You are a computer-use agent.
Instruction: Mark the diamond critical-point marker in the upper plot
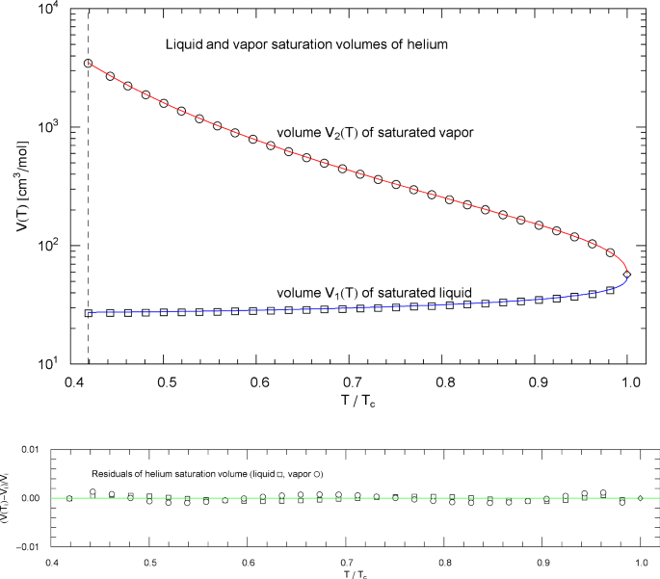627,275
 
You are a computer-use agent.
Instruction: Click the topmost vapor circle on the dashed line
89,64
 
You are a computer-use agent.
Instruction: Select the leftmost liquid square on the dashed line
89,313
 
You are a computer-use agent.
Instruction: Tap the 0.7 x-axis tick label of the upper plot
353,383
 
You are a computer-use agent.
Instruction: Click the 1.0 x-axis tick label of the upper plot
628,383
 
